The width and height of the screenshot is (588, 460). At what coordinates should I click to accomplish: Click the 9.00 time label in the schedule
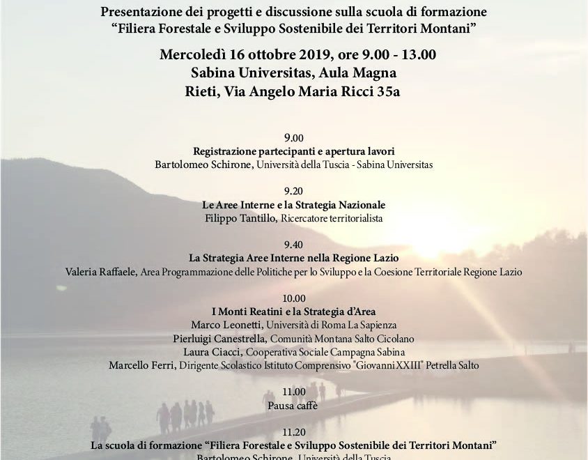293,138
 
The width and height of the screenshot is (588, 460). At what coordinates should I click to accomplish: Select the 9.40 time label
293,245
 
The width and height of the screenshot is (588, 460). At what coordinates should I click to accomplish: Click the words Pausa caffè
293,405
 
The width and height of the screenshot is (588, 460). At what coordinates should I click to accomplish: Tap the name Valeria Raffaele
101,272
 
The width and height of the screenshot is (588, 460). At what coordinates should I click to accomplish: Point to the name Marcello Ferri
136,365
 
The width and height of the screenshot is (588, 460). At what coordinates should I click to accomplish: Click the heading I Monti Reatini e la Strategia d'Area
293,312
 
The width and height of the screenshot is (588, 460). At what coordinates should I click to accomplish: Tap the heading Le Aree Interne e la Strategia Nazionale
293,205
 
